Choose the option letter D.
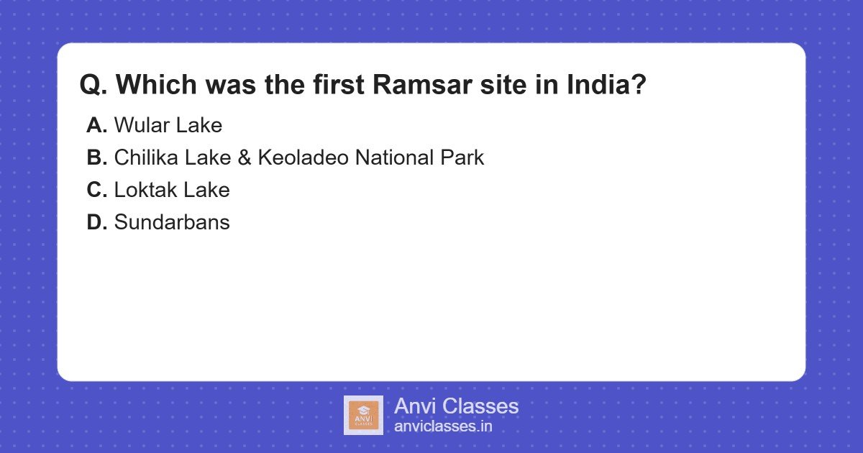pyautogui.click(x=96, y=223)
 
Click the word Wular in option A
pyautogui.click(x=137, y=126)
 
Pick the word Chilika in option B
pyautogui.click(x=142, y=158)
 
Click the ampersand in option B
pyautogui.click(x=244, y=158)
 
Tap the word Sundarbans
pyautogui.click(x=172, y=223)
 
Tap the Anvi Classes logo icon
pyautogui.click(x=363, y=415)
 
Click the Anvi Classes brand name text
pyautogui.click(x=456, y=406)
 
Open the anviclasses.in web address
pyautogui.click(x=443, y=426)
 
